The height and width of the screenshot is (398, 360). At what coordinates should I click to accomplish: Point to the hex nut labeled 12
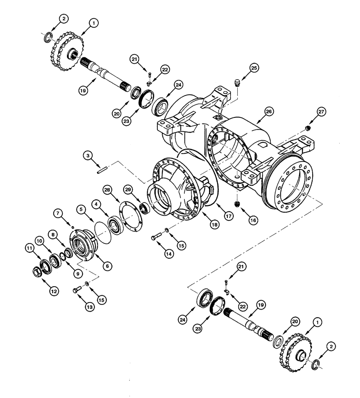[36, 272]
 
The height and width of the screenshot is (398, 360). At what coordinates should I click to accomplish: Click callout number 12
[53, 291]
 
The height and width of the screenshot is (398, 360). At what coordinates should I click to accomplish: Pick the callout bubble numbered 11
[29, 248]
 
